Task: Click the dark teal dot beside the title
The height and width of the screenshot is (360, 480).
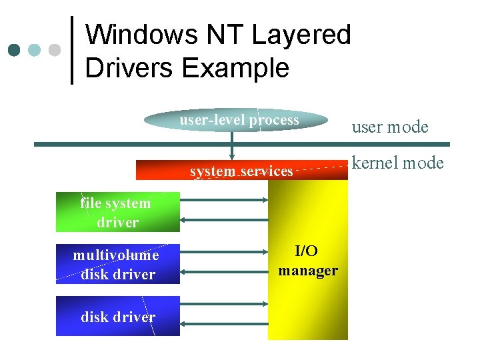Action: pos(14,50)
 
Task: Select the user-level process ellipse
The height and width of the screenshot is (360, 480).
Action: pos(238,121)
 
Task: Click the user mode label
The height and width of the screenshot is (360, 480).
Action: pos(389,127)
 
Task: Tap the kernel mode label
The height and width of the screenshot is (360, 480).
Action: pos(397,163)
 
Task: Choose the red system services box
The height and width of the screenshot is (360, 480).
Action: pos(241,171)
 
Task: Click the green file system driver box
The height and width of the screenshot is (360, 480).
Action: pos(117,213)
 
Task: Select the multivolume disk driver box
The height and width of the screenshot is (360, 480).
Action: pos(117,265)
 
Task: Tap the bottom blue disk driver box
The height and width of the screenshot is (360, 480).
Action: pos(117,317)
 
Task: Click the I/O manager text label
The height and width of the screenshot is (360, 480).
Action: pos(307,261)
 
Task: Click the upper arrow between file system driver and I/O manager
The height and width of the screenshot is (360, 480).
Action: pos(224,199)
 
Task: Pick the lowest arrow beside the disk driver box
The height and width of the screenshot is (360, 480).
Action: pos(224,324)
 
